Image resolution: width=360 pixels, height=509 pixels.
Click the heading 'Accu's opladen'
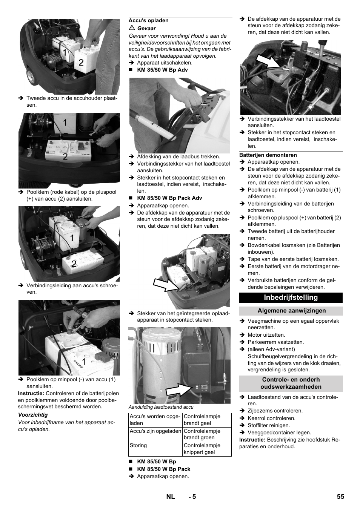click(x=149, y=21)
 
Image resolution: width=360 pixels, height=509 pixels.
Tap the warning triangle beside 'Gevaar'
click(x=132, y=28)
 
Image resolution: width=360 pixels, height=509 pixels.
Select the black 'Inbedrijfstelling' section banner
click(x=291, y=297)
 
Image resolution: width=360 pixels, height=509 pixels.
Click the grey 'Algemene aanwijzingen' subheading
click(x=291, y=311)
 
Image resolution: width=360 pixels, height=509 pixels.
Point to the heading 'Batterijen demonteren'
click(x=268, y=155)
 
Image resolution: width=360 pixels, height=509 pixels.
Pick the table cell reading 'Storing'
click(x=138, y=445)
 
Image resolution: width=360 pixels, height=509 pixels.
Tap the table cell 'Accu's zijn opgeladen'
click(x=155, y=431)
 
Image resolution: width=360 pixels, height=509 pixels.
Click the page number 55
click(x=340, y=497)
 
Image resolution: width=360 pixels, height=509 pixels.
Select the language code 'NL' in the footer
click(x=171, y=497)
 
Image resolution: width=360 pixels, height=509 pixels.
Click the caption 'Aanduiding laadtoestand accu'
click(x=161, y=407)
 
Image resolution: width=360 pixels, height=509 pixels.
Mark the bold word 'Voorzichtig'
click(x=33, y=415)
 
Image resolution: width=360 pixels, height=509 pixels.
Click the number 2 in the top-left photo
click(x=81, y=62)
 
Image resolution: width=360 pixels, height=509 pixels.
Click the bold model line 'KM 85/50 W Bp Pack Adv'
click(x=169, y=198)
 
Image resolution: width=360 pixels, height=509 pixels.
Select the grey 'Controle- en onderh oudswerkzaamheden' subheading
click(x=291, y=383)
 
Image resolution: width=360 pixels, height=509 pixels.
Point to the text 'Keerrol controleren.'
click(x=271, y=418)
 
